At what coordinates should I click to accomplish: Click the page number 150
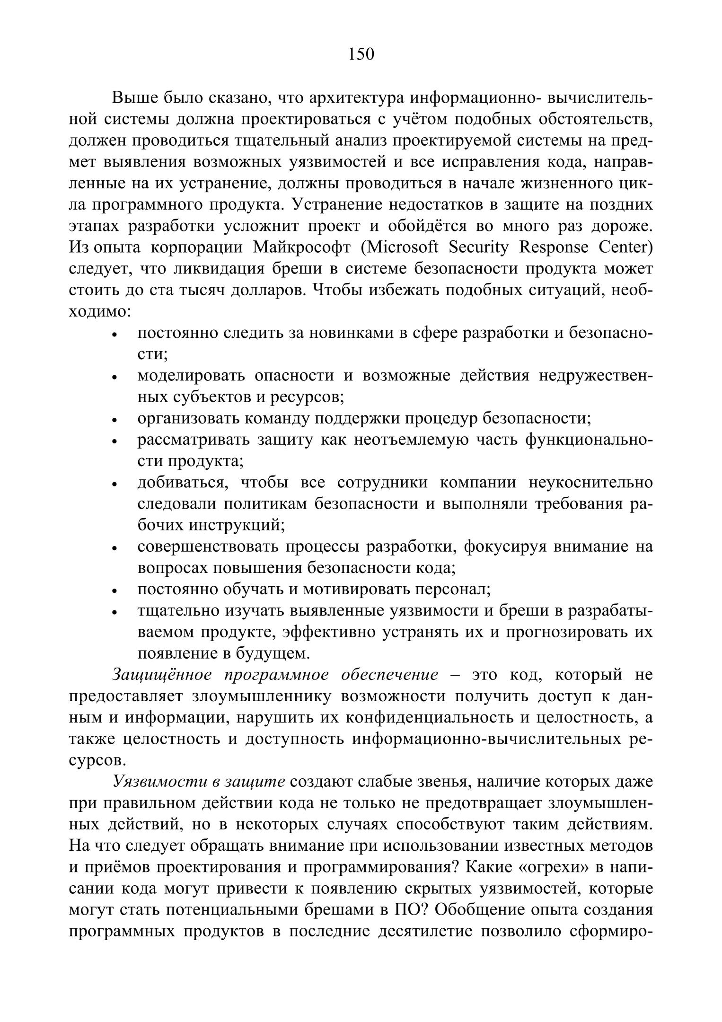(x=361, y=54)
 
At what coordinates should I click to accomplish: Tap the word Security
(x=479, y=247)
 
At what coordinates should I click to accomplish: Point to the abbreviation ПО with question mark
(x=407, y=910)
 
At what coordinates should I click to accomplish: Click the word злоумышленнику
(x=260, y=696)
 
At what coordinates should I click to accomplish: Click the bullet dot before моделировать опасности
(x=114, y=378)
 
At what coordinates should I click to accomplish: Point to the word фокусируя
(x=497, y=546)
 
